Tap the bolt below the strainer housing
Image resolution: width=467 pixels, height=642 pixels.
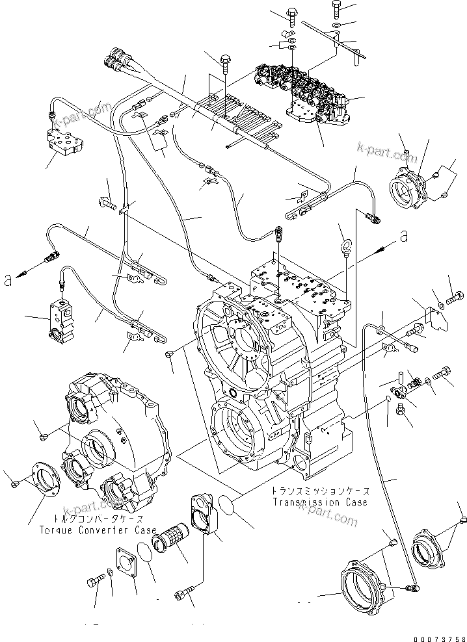coord(185,593)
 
